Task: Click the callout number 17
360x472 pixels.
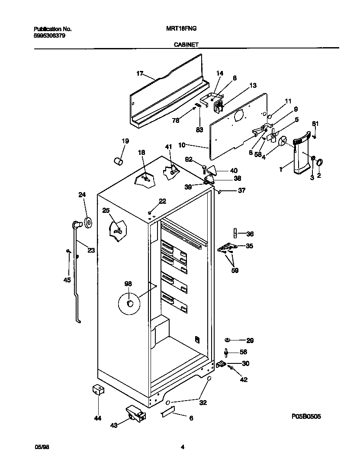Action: coord(139,74)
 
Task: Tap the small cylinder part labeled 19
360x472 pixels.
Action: coord(118,161)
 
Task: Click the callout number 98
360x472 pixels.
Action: coord(128,284)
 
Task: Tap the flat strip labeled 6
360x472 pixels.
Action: coord(167,412)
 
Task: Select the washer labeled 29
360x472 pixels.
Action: coord(228,340)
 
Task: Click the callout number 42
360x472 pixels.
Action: coord(244,380)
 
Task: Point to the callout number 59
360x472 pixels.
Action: coord(235,271)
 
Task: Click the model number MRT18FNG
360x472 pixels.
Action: coord(181,29)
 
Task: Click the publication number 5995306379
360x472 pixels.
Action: coord(50,36)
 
